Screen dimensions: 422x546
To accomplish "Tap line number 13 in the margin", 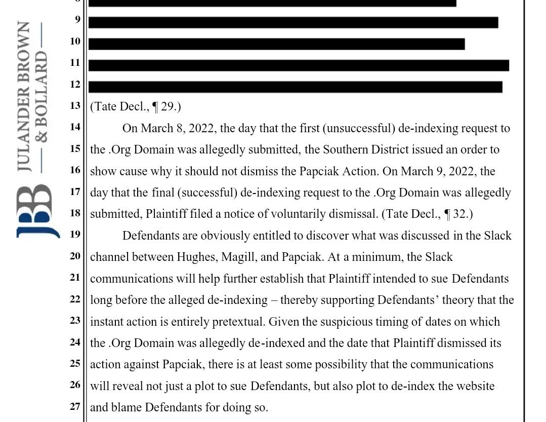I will pos(75,105).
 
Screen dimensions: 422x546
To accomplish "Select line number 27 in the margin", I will pos(75,406).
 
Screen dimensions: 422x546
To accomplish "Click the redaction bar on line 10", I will pos(276,44).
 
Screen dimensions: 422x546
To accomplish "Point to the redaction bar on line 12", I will pos(296,87).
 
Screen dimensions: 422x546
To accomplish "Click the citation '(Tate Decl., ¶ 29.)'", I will pos(136,106).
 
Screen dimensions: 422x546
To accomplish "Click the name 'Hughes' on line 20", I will pos(196,257).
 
